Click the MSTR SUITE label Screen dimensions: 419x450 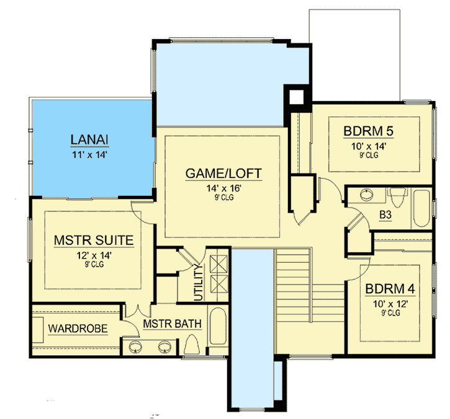point(94,239)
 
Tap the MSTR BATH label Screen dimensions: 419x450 point(166,324)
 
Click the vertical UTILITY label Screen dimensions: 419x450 point(200,283)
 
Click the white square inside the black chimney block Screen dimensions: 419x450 point(295,97)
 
